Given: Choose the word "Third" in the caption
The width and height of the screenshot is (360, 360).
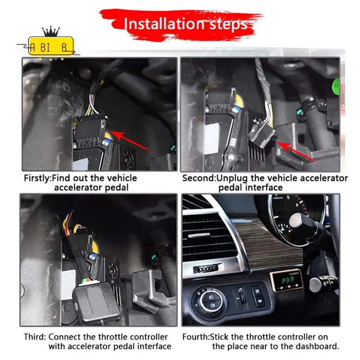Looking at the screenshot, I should click(x=34, y=337).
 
